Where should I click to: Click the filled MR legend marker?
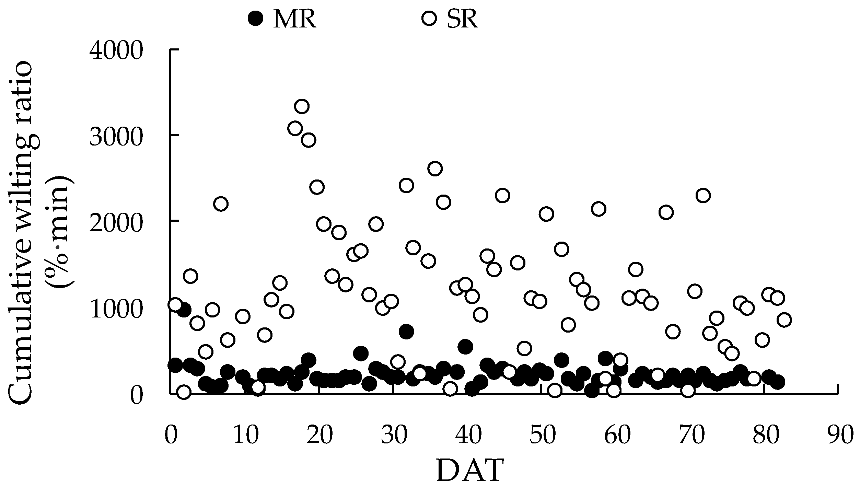point(256,18)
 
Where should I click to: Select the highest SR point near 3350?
point(302,106)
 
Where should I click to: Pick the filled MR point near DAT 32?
point(406,332)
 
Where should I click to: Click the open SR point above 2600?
point(435,169)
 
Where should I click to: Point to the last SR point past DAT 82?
point(785,320)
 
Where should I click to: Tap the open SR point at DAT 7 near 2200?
point(221,204)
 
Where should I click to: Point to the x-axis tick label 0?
point(170,435)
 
